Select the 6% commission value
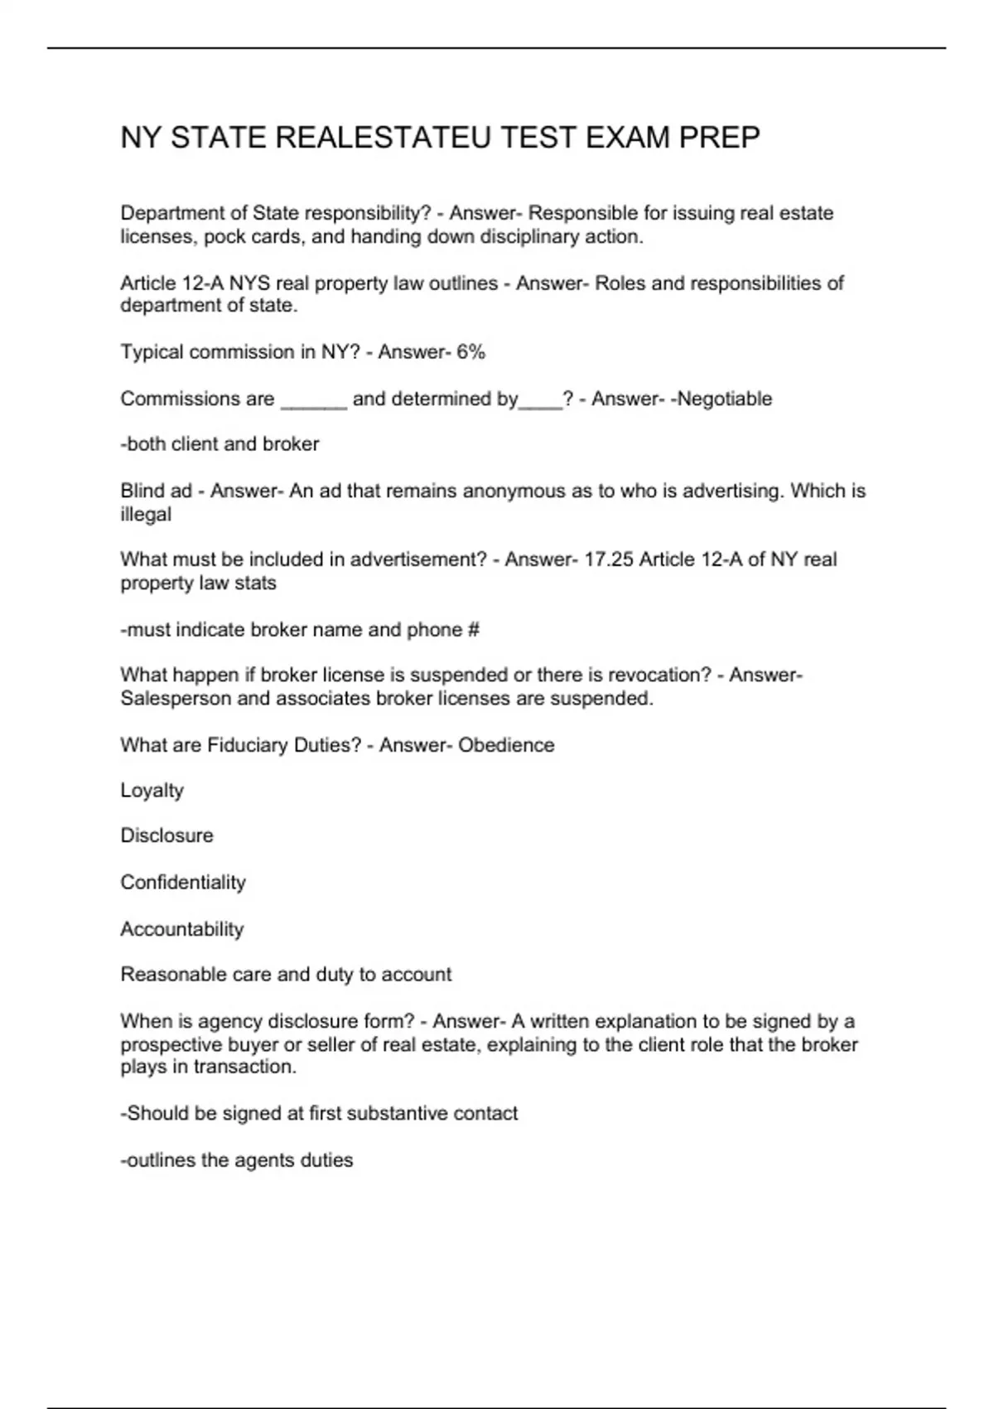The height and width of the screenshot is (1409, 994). point(470,352)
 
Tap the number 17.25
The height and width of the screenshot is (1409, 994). point(609,560)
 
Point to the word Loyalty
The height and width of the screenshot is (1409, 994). point(152,791)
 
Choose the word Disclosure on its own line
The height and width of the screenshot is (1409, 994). point(166,835)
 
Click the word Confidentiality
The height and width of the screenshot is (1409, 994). point(183,882)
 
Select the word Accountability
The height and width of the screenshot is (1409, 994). point(182,929)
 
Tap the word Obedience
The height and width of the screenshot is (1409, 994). point(506,745)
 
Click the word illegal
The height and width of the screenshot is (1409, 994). point(146,515)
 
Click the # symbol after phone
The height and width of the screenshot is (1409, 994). point(473,630)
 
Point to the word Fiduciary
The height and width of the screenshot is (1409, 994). point(248,745)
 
